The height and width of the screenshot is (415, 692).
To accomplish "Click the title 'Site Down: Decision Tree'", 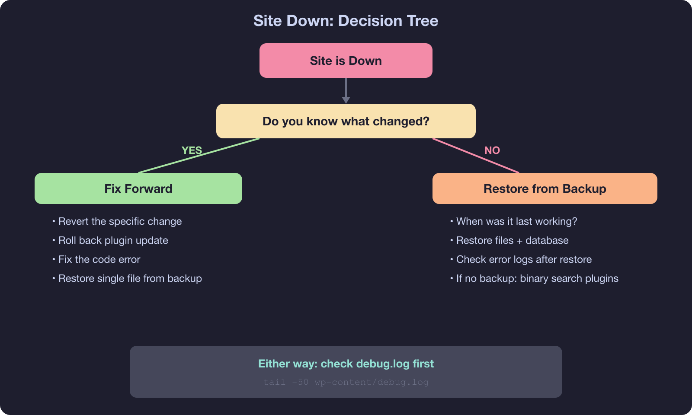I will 346,21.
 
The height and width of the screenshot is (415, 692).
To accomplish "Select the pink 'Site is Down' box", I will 346,61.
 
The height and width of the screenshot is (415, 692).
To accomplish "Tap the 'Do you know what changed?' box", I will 346,121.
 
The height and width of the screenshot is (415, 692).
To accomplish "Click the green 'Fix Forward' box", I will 138,188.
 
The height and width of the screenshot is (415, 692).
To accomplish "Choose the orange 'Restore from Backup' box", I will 545,188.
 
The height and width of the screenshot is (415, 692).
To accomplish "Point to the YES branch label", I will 192,150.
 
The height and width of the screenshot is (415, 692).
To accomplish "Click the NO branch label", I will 492,150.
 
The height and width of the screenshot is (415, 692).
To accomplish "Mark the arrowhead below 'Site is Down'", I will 346,100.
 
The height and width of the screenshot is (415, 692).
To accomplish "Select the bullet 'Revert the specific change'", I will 120,221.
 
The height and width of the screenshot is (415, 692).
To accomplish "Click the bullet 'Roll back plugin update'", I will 113,240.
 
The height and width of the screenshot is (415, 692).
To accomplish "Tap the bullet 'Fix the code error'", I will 99,259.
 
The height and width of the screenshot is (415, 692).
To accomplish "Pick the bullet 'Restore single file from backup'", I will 130,278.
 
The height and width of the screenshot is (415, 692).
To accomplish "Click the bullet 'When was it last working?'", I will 516,221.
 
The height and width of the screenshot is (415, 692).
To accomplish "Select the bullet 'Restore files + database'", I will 512,240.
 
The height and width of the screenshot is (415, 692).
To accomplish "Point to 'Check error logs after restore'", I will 524,259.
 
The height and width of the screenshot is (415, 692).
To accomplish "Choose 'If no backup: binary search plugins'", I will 537,278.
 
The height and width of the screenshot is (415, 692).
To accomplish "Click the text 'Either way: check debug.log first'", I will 346,364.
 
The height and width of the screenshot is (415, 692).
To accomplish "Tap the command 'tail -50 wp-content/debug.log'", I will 346,382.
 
